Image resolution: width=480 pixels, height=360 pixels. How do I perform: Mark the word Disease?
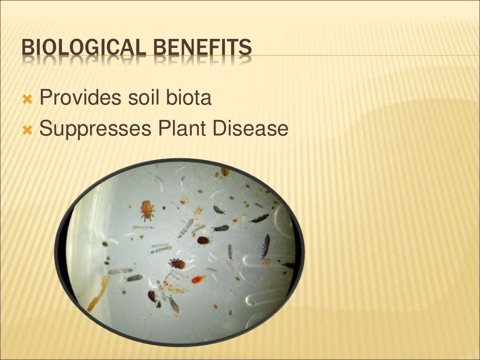(250, 129)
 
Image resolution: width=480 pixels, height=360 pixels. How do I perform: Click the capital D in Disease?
(220, 129)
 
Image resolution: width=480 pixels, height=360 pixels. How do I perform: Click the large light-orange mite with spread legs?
(147, 210)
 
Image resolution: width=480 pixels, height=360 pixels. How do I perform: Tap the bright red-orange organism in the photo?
(198, 279)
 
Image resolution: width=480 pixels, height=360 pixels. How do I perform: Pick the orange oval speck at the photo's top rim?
(225, 172)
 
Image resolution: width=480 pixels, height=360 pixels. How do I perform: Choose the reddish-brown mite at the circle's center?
(177, 263)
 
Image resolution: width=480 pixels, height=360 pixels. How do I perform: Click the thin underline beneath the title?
(366, 56)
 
